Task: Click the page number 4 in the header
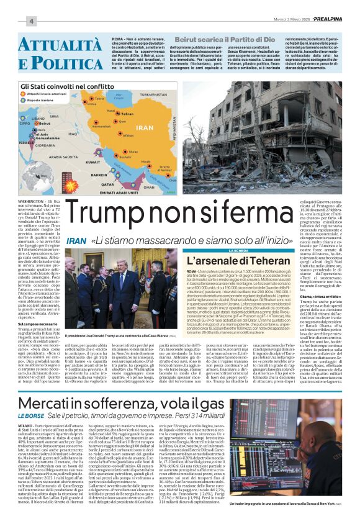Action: (x=14, y=21)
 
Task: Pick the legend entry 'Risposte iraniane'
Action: (x=44, y=101)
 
